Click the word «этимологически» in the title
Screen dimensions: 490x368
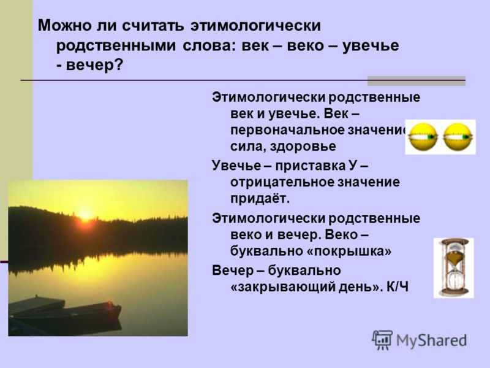coord(255,26)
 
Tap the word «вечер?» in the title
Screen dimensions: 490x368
coord(95,65)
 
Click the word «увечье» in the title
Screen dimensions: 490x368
coord(371,45)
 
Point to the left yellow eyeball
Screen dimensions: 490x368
coord(423,137)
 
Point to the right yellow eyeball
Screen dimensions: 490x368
coord(458,137)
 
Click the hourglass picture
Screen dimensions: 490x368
coord(453,267)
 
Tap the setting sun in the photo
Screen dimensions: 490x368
coord(85,216)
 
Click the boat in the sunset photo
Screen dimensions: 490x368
coord(65,313)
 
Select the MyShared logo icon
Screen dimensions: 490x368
coord(382,340)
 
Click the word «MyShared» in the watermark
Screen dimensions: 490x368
coord(431,340)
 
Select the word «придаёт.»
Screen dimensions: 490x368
coord(260,199)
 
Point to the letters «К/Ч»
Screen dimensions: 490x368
coord(397,287)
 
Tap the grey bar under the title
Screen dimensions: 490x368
coord(417,81)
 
